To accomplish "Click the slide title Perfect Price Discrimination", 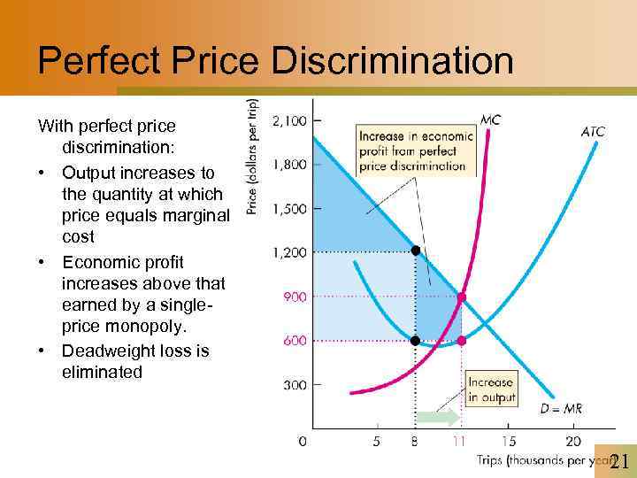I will click(275, 61).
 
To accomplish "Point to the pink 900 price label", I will click(295, 297).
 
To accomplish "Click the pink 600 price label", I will click(295, 341).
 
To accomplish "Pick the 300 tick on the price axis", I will click(295, 385).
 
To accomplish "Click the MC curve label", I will click(489, 119).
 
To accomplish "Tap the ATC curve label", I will click(592, 132).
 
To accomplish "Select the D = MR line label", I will click(561, 408).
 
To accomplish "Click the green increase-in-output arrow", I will click(438, 418).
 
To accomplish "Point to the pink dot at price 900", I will click(461, 297).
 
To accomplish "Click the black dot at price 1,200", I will click(416, 251).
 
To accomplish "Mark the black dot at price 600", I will click(416, 341).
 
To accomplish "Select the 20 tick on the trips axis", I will click(572, 440).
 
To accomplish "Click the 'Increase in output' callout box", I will click(490, 390).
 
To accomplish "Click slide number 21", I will click(618, 460).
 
